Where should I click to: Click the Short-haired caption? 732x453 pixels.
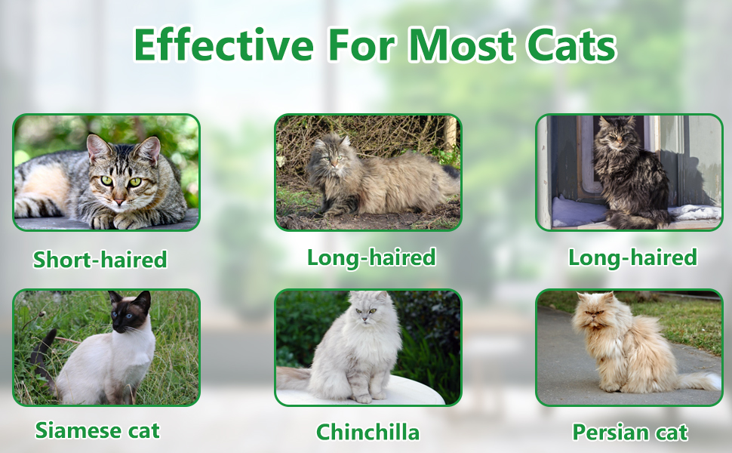(x=100, y=260)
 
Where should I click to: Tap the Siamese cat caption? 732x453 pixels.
(x=97, y=430)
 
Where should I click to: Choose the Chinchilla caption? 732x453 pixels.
(x=368, y=432)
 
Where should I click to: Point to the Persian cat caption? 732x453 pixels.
(x=630, y=432)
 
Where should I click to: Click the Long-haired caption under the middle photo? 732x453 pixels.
(x=371, y=257)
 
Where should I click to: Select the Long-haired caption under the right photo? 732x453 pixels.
(x=632, y=257)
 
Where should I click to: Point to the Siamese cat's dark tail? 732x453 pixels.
(x=44, y=355)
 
